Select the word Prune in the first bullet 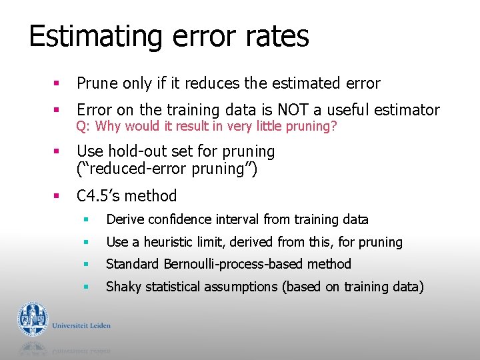pos(97,84)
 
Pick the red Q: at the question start pos(83,127)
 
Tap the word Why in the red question pos(109,127)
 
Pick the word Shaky pos(123,287)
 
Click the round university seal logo pos(33,319)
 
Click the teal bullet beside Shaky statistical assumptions pos(85,287)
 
